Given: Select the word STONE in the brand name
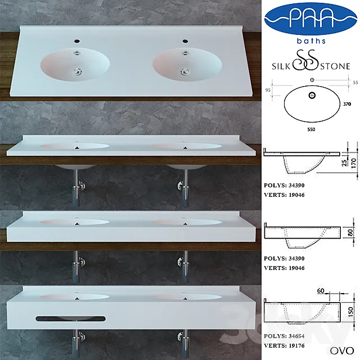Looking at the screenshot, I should click(338, 66).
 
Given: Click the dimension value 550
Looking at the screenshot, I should click(311, 129).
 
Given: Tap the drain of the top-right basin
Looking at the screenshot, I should click(183, 71).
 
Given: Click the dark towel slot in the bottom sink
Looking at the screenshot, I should click(71, 318).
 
